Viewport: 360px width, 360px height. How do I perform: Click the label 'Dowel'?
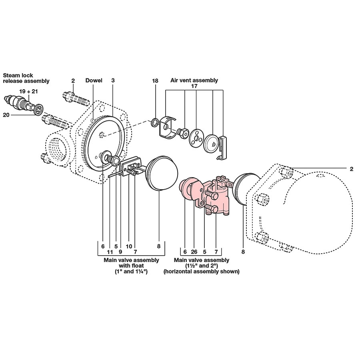[x=94, y=80]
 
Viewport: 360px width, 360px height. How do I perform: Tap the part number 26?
[x=194, y=252]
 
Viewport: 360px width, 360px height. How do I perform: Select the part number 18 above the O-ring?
[x=155, y=81]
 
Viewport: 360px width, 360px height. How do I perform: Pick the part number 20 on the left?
[x=6, y=115]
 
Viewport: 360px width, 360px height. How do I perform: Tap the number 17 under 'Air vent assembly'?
[x=194, y=86]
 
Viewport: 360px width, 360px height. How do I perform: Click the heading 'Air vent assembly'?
[x=194, y=80]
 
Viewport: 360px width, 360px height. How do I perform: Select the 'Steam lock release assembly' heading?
[x=26, y=78]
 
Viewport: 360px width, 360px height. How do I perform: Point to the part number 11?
[x=110, y=252]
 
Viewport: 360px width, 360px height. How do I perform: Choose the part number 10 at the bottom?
[x=129, y=246]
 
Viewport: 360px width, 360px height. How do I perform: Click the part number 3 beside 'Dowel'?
[x=113, y=80]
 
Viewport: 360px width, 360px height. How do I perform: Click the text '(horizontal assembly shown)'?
[x=202, y=271]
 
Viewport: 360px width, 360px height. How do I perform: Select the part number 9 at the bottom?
[x=120, y=252]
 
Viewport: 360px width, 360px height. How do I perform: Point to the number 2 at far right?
[x=351, y=169]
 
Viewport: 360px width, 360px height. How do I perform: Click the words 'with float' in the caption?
[x=131, y=266]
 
